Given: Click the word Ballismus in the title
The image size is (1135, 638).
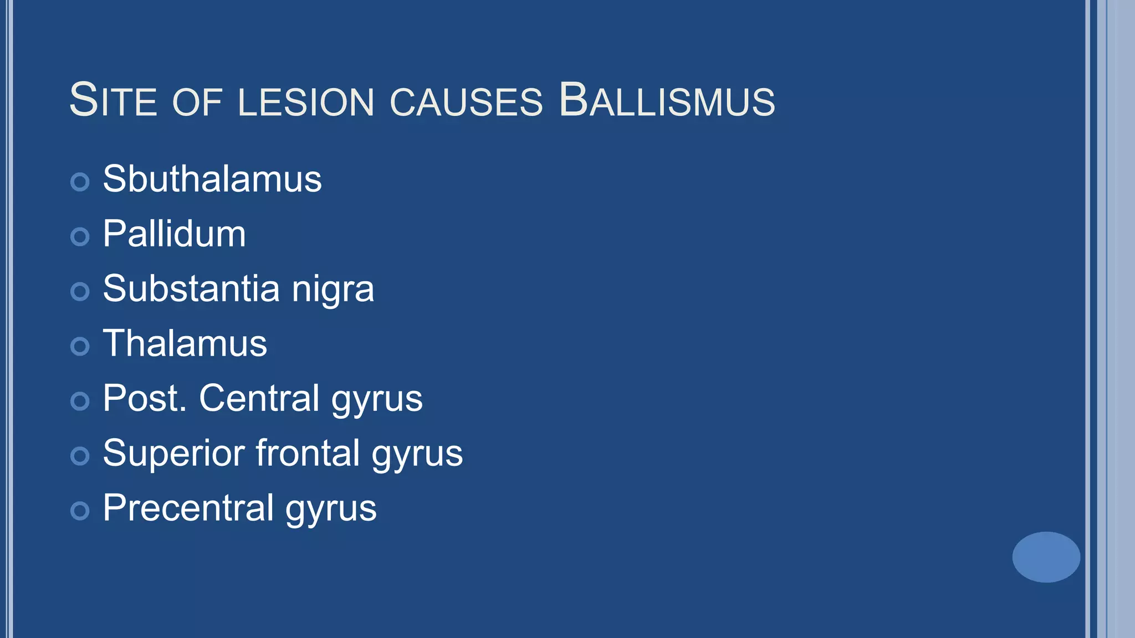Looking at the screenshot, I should pyautogui.click(x=667, y=100).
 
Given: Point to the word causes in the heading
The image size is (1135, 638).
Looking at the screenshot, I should pyautogui.click(x=466, y=102).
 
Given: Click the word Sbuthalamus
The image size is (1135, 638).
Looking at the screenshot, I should pyautogui.click(x=212, y=179).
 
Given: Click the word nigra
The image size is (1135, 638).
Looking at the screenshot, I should pyautogui.click(x=333, y=290).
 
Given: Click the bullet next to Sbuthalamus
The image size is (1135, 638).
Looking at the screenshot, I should pyautogui.click(x=80, y=182).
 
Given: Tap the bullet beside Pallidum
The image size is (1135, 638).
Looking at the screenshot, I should pyautogui.click(x=80, y=236).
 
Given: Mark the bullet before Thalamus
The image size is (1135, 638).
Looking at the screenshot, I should pyautogui.click(x=80, y=346).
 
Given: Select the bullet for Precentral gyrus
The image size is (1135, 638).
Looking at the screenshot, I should pyautogui.click(x=80, y=511).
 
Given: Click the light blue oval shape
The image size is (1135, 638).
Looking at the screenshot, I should pyautogui.click(x=1046, y=557).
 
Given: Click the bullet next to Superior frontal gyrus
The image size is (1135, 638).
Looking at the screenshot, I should pyautogui.click(x=80, y=456).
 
